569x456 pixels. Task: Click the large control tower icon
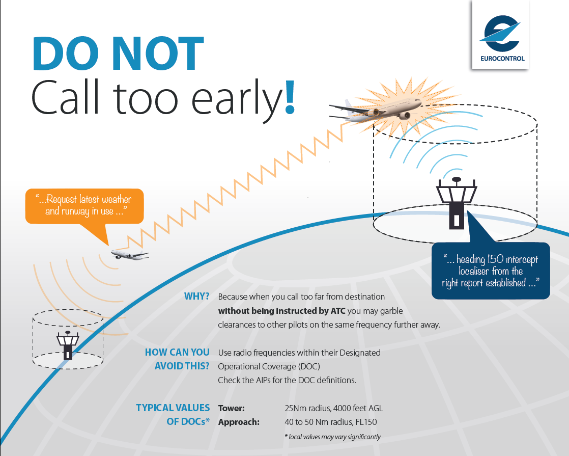456,202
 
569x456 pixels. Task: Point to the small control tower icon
67,345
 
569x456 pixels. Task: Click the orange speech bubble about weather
84,206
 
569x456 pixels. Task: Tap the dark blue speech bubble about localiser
491,271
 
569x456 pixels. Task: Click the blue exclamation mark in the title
290,97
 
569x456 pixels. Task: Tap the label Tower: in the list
232,408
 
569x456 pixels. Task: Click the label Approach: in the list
239,422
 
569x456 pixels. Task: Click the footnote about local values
332,437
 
